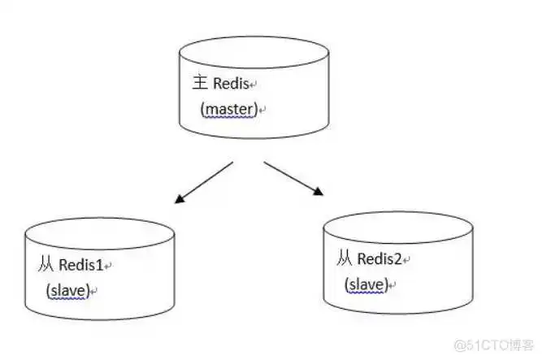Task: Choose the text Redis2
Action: [x=378, y=259]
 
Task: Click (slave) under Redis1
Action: [x=67, y=290]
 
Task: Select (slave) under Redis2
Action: [x=365, y=284]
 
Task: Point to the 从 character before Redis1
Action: [x=46, y=266]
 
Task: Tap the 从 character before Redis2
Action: [x=345, y=259]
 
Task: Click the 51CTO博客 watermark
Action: [x=493, y=345]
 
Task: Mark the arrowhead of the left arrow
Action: [x=177, y=198]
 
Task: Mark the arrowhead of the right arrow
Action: [x=319, y=193]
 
